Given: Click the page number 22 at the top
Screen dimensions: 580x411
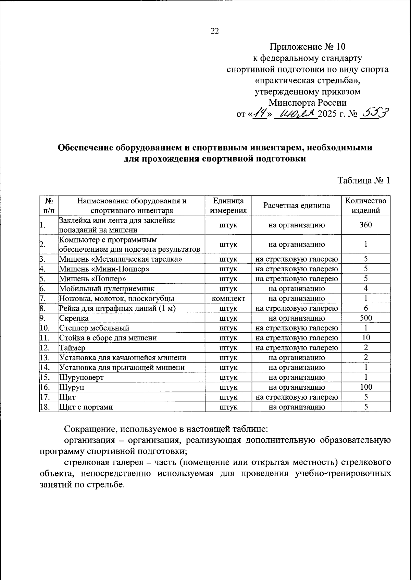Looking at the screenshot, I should point(214,31).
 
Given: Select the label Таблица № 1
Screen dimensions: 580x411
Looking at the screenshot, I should point(364,180).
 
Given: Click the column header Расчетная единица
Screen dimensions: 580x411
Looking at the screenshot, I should point(297,205).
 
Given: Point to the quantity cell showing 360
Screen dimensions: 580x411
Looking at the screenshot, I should point(366,225).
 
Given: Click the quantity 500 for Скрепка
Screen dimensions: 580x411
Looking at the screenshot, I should point(366,318).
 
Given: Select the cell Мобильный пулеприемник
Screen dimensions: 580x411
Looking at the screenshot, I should point(107,289).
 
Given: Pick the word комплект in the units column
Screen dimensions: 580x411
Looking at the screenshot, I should point(228,299).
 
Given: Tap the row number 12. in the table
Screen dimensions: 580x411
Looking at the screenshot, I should point(45,348).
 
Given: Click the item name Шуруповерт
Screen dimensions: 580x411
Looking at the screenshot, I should point(82,377).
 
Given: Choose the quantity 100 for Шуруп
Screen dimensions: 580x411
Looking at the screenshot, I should point(366,387).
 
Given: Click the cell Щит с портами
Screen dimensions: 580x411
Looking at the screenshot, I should point(86,407).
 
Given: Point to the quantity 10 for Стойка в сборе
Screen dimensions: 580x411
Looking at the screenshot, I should point(366,338).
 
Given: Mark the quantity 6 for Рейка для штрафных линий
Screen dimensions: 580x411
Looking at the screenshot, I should point(366,308).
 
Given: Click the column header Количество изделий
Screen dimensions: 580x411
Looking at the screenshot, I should point(366,205).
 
